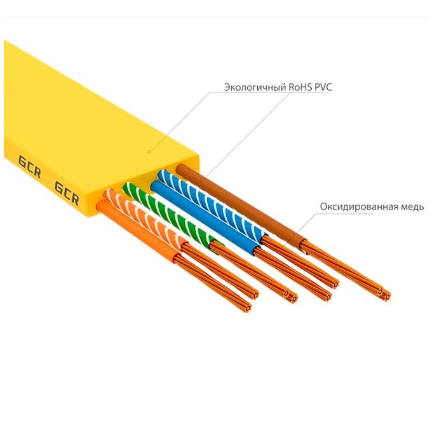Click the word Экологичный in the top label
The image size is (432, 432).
(x=253, y=87)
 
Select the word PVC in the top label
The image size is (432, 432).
(x=324, y=87)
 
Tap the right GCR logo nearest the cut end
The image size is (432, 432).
(x=66, y=191)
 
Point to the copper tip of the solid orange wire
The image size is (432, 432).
(x=246, y=307)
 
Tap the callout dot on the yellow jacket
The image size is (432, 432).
(x=149, y=151)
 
